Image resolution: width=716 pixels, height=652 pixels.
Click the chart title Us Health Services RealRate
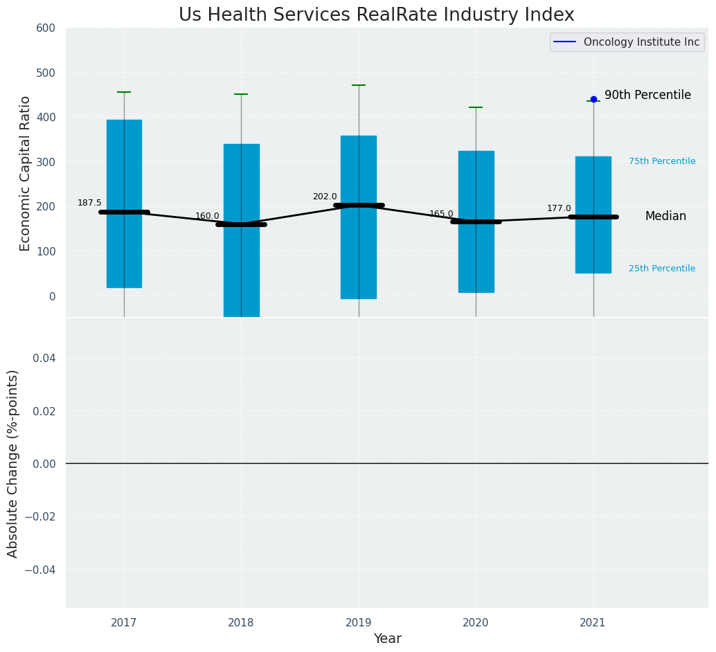(x=376, y=15)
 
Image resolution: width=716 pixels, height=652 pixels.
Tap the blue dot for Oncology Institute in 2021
(x=593, y=100)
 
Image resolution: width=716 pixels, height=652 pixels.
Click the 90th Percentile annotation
(x=647, y=96)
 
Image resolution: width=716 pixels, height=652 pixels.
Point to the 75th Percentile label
(x=661, y=161)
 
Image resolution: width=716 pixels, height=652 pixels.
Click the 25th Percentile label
(x=661, y=269)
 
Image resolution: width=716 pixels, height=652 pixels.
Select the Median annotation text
(x=665, y=217)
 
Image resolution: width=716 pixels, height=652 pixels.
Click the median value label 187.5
(x=89, y=203)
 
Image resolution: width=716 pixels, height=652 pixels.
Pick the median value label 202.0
(x=325, y=197)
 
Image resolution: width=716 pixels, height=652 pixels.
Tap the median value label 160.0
(x=207, y=217)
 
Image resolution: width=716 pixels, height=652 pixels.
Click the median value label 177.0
(x=559, y=209)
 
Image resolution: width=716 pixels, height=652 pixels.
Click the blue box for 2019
(x=359, y=180)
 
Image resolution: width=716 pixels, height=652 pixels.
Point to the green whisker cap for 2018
(x=241, y=94)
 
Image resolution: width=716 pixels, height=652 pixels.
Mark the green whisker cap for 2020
(x=476, y=107)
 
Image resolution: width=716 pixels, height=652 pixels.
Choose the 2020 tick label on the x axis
(x=476, y=623)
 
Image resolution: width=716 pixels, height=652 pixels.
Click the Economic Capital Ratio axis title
(x=26, y=173)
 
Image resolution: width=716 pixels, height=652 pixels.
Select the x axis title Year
(x=387, y=639)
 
